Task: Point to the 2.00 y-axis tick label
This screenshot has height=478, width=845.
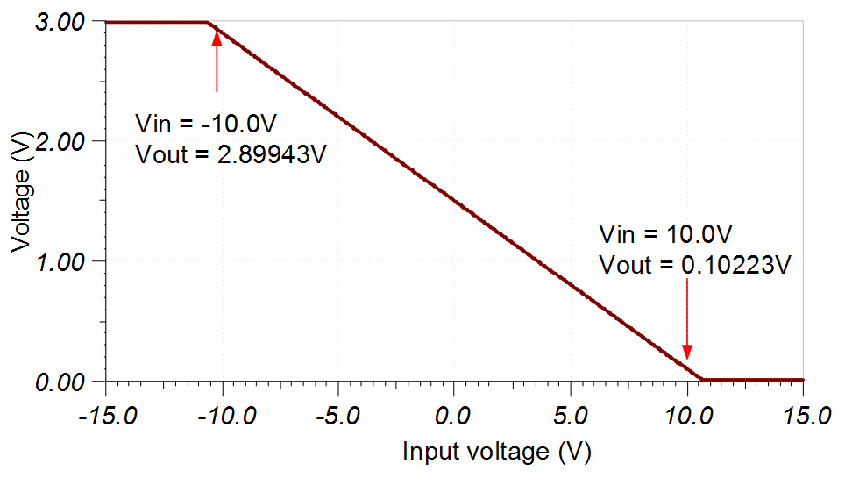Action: [60, 141]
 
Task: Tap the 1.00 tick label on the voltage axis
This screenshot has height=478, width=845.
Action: [60, 261]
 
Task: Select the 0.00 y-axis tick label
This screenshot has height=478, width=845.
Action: [60, 382]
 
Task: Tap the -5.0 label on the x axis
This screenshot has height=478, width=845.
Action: [337, 413]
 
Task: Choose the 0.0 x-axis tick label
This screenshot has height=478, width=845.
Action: [454, 413]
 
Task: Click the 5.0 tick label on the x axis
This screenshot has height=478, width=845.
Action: [571, 413]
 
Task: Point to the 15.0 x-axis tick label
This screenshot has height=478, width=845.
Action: [803, 413]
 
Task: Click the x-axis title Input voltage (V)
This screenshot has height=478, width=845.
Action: [497, 453]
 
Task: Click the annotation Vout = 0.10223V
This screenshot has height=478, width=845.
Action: [696, 265]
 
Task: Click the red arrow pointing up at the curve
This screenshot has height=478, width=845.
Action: [217, 60]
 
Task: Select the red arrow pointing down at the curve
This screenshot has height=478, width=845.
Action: [687, 325]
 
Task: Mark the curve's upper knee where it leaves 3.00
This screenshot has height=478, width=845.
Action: [209, 22]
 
